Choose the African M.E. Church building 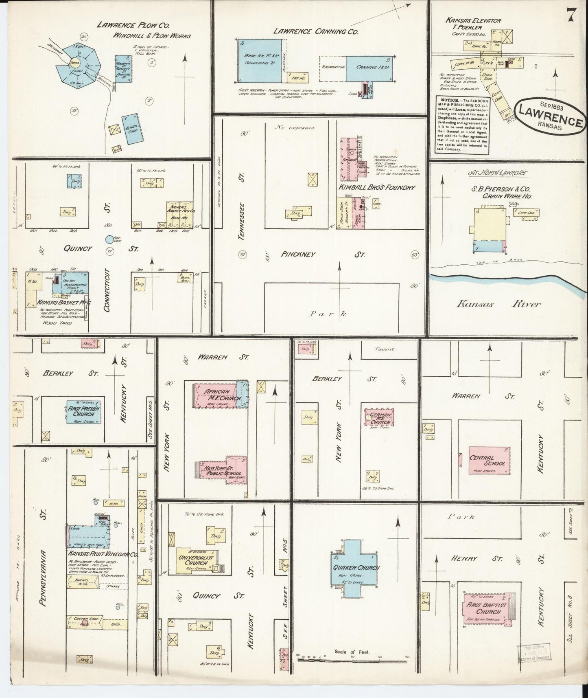218,395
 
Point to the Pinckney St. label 322,255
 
